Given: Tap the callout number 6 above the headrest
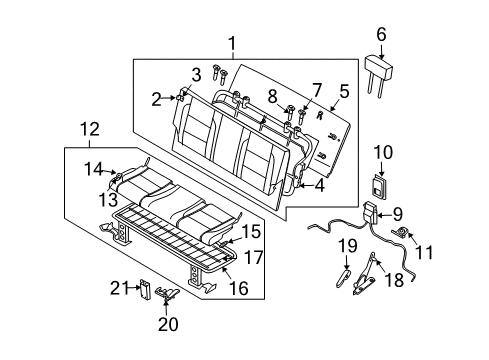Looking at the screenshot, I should tap(381, 35).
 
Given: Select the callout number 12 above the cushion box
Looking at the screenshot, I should tap(89, 129).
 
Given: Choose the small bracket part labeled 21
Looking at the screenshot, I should tap(146, 290).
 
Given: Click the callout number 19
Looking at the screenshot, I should tap(346, 272).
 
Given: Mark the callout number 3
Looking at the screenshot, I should tap(196, 75).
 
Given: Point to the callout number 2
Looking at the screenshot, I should tap(157, 98).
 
